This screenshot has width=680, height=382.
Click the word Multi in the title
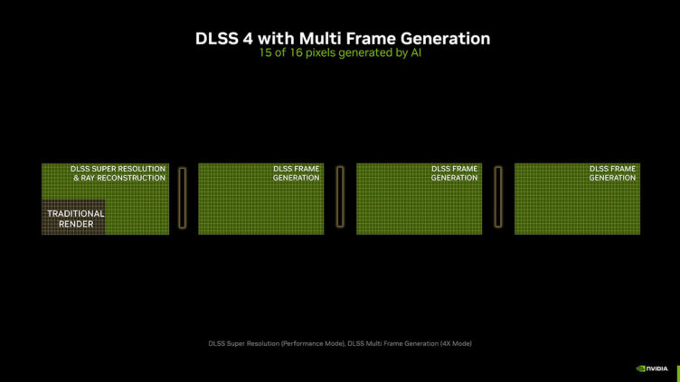pyautogui.click(x=320, y=39)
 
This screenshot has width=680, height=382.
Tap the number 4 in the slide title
pyautogui.click(x=248, y=39)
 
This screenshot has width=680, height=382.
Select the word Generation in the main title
pyautogui.click(x=446, y=39)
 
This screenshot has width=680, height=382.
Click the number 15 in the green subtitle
pyautogui.click(x=265, y=53)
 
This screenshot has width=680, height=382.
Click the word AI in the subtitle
pyautogui.click(x=416, y=53)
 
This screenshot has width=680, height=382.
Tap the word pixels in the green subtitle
pyautogui.click(x=320, y=53)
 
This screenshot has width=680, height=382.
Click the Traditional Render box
pyautogui.click(x=73, y=217)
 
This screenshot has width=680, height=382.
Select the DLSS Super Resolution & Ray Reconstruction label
pyautogui.click(x=118, y=173)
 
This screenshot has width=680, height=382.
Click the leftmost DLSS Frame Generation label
pyautogui.click(x=297, y=173)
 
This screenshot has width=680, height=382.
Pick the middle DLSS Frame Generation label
pyautogui.click(x=454, y=173)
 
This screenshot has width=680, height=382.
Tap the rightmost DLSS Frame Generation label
pyautogui.click(x=612, y=173)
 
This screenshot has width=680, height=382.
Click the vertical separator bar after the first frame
pyautogui.click(x=183, y=198)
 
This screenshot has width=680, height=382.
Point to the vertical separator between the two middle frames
pyautogui.click(x=340, y=197)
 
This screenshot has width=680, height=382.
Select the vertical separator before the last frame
pyautogui.click(x=498, y=197)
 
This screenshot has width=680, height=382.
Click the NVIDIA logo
pyautogui.click(x=652, y=368)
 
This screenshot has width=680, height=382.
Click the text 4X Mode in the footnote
pyautogui.click(x=456, y=343)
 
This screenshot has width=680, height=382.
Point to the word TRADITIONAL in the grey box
pyautogui.click(x=76, y=213)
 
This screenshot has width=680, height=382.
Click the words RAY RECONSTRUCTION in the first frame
pyautogui.click(x=123, y=178)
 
